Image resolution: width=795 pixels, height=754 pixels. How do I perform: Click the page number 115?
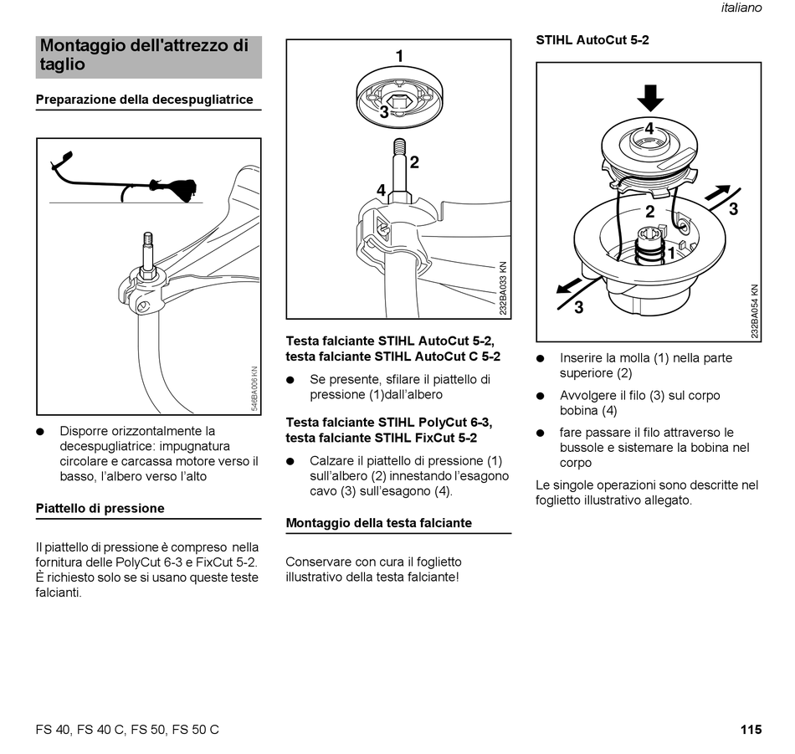pyautogui.click(x=751, y=730)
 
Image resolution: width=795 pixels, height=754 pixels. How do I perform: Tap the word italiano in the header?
pyautogui.click(x=741, y=8)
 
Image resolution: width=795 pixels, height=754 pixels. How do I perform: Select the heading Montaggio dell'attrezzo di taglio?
pyautogui.click(x=144, y=54)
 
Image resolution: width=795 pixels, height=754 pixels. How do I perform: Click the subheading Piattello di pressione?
pyautogui.click(x=100, y=508)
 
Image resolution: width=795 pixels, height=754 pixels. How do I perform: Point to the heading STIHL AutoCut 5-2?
pyautogui.click(x=592, y=39)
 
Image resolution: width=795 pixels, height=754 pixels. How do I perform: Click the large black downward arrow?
pyautogui.click(x=649, y=97)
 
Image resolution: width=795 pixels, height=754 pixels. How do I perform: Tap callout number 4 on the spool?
pyautogui.click(x=649, y=130)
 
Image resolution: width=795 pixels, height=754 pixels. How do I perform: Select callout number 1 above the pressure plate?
pyautogui.click(x=399, y=56)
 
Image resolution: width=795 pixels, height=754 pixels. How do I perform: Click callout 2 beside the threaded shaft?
pyautogui.click(x=414, y=162)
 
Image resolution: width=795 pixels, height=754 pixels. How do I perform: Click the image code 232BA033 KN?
pyautogui.click(x=503, y=288)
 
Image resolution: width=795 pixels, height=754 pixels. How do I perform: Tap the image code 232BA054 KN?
pyautogui.click(x=754, y=310)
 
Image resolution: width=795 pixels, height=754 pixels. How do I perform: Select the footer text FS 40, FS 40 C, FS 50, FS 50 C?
pyautogui.click(x=127, y=730)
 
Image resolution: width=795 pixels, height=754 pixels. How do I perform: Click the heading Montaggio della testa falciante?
pyautogui.click(x=379, y=523)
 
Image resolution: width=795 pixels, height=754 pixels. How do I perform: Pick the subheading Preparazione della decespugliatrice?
pyautogui.click(x=144, y=100)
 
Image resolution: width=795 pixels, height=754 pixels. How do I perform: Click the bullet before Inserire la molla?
pyautogui.click(x=541, y=358)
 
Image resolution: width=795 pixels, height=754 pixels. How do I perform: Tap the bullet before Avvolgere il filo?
pyautogui.click(x=541, y=396)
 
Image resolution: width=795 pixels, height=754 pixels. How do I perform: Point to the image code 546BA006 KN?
pyautogui.click(x=255, y=389)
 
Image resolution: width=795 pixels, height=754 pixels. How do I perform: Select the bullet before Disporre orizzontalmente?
pyautogui.click(x=39, y=432)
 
